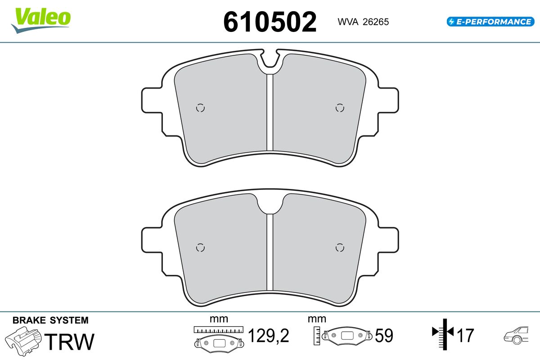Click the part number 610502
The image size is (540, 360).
pyautogui.click(x=270, y=22)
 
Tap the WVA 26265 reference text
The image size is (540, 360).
pyautogui.click(x=363, y=22)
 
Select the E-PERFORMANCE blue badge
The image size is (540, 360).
pyautogui.click(x=490, y=22)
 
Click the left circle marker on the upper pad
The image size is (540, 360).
pyautogui.click(x=200, y=108)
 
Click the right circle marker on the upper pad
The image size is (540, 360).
pyautogui.click(x=340, y=108)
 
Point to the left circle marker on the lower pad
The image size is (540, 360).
pyautogui.click(x=200, y=247)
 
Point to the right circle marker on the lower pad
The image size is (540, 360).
pyautogui.click(x=340, y=247)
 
